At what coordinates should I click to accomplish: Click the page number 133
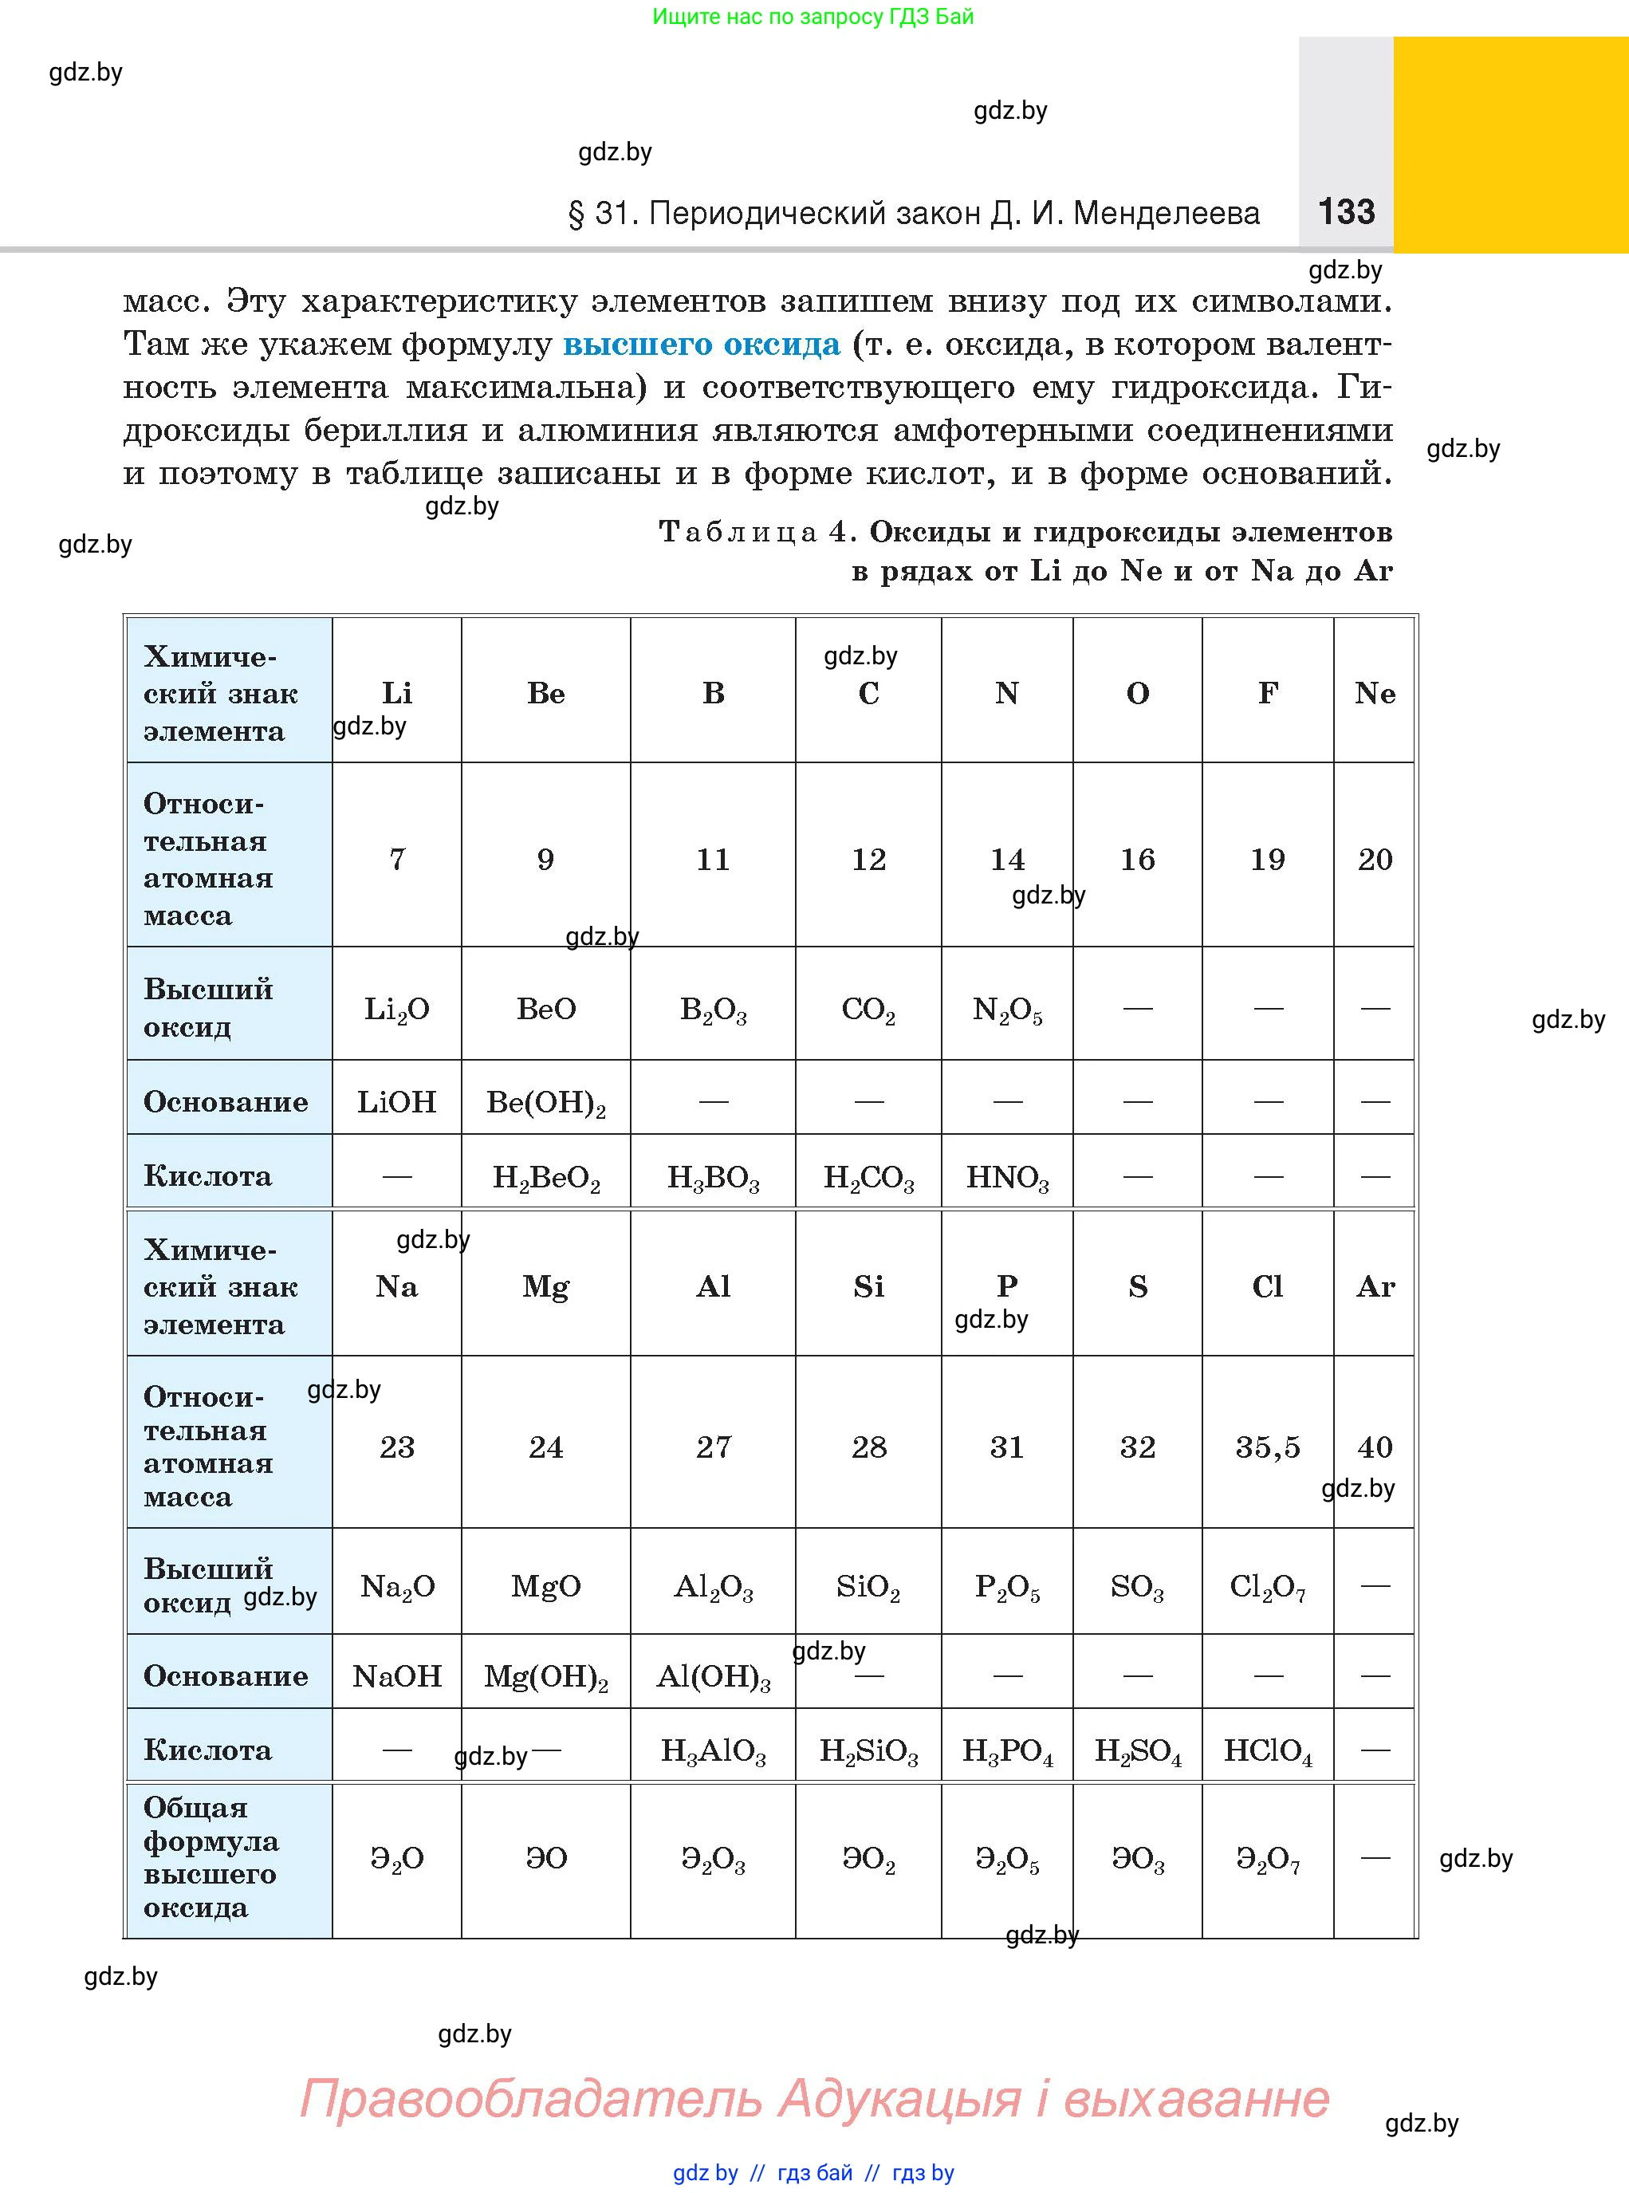pos(1346,212)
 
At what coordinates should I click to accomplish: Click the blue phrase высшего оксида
pos(701,345)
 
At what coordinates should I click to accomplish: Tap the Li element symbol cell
pos(396,693)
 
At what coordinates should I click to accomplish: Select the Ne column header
pos(1375,693)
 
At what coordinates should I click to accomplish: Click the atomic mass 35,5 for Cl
pos(1267,1447)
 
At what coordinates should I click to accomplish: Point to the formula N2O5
pos(1007,1010)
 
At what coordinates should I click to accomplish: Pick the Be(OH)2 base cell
pos(545,1102)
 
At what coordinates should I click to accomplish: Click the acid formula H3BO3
pos(713,1177)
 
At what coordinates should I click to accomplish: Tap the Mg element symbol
pos(545,1287)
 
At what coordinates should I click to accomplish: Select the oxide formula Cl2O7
pos(1267,1587)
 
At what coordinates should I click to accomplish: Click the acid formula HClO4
pos(1267,1750)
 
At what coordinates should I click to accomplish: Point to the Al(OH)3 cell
pos(713,1676)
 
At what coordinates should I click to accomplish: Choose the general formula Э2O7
pos(1267,1859)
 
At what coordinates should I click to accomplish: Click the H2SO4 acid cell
pos(1137,1750)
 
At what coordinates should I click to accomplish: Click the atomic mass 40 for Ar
pos(1375,1447)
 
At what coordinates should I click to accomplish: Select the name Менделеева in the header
pos(1166,214)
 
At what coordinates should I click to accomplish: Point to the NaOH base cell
pos(396,1676)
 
